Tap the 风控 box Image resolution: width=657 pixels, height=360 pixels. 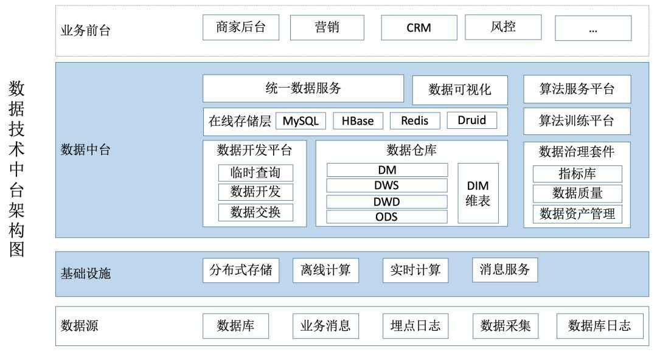point(503,27)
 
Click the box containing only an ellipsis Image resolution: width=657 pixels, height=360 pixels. point(593,27)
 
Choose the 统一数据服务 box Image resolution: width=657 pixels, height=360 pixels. point(303,88)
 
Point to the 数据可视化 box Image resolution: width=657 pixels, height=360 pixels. point(459,90)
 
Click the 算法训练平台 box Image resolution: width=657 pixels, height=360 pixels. point(577,120)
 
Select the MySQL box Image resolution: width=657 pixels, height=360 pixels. point(301,120)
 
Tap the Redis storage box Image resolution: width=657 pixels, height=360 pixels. point(414,120)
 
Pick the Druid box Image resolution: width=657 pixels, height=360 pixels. point(471,120)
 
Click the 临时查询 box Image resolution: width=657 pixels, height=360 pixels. point(255,173)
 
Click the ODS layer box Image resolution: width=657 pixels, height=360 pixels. point(387,216)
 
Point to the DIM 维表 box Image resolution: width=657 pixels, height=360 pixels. point(478,193)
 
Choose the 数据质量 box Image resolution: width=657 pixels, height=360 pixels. point(577,193)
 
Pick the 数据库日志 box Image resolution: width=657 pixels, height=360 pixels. point(593,326)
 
